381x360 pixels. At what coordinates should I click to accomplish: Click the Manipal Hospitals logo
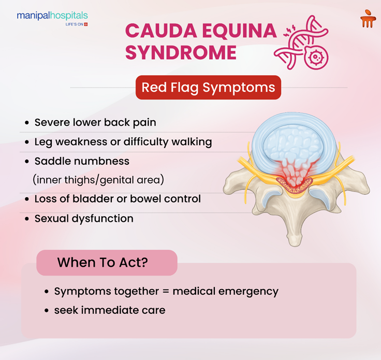52,18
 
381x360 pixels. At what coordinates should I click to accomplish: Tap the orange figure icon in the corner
368,19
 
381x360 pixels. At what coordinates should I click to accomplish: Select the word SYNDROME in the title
181,53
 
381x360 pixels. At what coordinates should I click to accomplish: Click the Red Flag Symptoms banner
208,88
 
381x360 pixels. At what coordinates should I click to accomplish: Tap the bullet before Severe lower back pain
27,123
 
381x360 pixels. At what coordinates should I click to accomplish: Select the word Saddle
51,161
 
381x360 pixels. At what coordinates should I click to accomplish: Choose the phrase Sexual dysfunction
84,219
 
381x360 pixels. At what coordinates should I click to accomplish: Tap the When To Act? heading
102,262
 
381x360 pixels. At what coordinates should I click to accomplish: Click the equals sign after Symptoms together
166,292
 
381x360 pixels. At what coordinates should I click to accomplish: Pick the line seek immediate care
110,310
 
